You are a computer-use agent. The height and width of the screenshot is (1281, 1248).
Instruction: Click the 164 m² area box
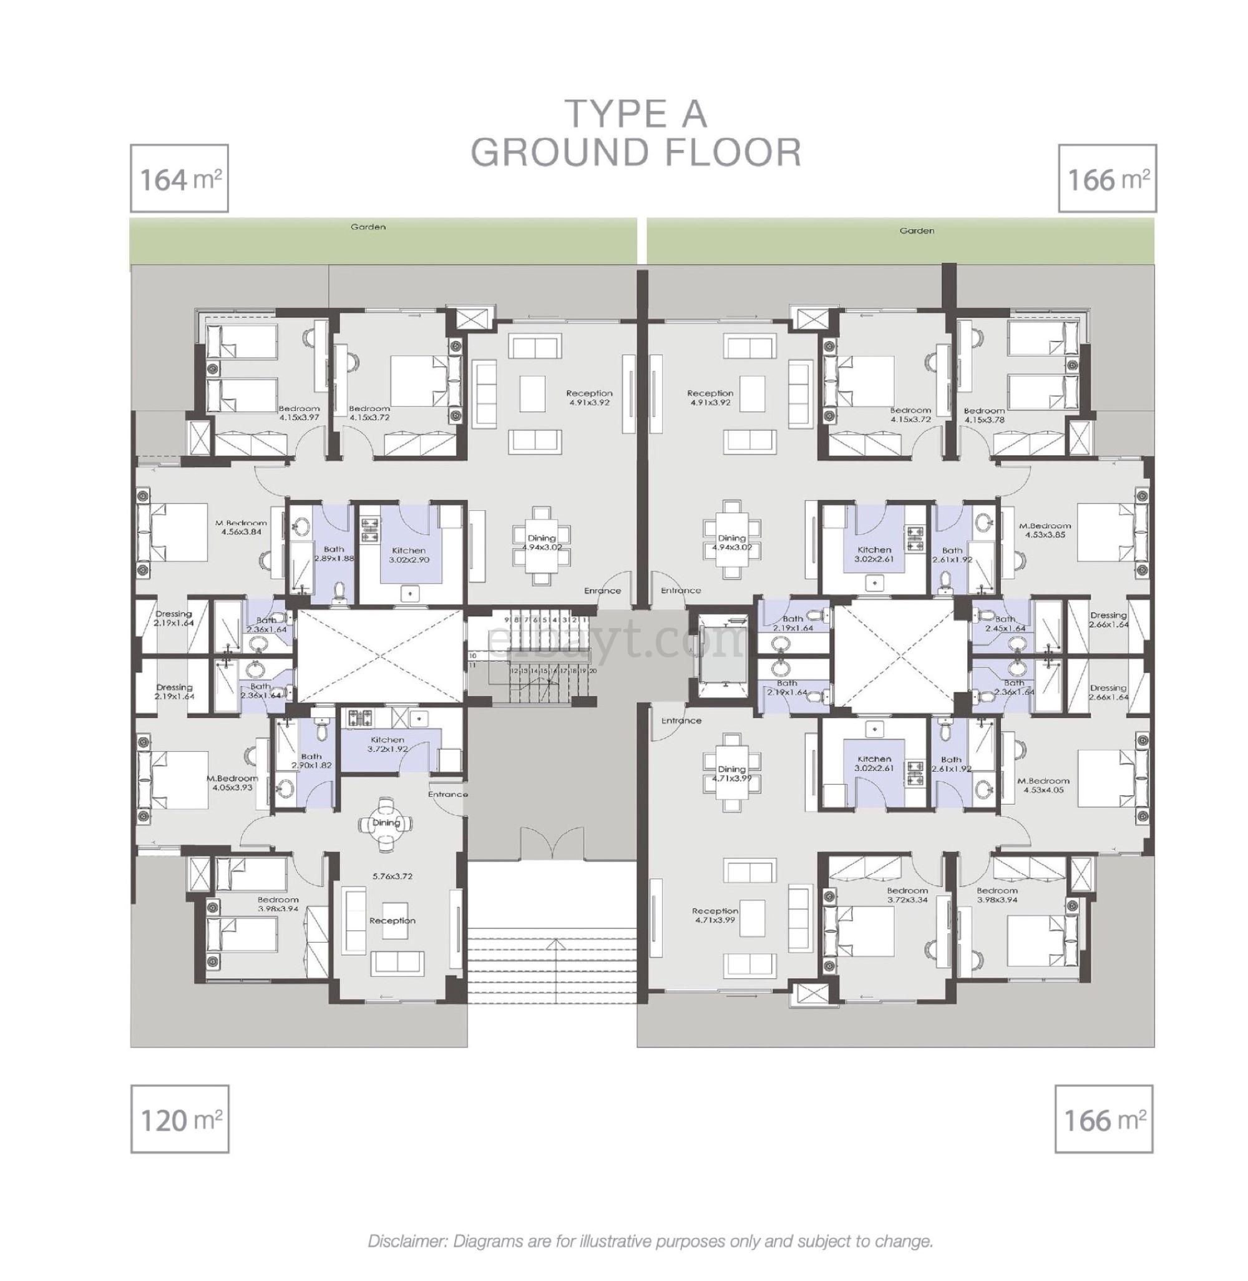(x=179, y=179)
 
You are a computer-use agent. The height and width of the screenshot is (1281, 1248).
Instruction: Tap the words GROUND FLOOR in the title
(x=636, y=153)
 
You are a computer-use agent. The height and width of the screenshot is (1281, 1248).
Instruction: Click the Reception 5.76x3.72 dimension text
(x=392, y=876)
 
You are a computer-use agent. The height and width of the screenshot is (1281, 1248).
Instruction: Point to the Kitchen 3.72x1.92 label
(x=387, y=744)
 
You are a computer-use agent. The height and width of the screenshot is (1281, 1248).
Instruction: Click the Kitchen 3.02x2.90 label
(x=407, y=554)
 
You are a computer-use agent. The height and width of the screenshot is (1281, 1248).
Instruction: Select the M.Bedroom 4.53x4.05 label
(x=1043, y=785)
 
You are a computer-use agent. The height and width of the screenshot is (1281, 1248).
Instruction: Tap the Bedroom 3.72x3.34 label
(x=907, y=895)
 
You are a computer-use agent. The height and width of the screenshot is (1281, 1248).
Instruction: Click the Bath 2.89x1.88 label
(x=334, y=554)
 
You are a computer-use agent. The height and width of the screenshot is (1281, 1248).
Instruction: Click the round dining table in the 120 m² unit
(x=386, y=823)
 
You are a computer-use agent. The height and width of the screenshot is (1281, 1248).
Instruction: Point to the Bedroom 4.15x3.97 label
(x=298, y=413)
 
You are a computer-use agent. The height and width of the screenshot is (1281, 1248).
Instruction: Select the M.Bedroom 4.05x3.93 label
(x=232, y=782)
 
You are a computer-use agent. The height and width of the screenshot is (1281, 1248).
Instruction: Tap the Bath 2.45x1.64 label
(x=1004, y=623)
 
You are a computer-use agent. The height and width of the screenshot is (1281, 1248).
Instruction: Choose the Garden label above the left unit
(x=368, y=227)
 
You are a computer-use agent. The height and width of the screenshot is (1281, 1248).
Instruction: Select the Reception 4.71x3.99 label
(x=714, y=915)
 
